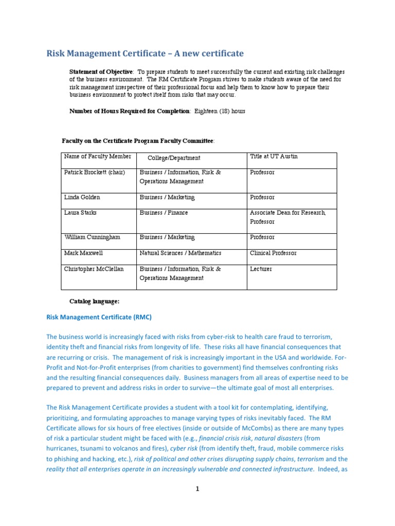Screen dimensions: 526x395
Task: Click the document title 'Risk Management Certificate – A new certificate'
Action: point(145,53)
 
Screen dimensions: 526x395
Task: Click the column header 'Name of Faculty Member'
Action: point(98,157)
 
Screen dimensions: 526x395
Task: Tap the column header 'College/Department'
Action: point(174,158)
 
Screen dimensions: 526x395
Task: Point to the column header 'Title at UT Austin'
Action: point(274,156)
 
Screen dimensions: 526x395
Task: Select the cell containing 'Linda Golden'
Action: point(82,197)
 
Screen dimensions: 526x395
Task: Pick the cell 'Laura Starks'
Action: point(81,213)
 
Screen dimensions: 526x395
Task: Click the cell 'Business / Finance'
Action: point(164,213)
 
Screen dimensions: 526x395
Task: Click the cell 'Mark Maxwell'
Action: point(83,253)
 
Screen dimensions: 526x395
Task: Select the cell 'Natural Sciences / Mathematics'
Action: point(180,253)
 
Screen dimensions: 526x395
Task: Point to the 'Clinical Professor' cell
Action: point(273,253)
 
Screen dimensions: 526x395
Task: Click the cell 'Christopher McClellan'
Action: point(94,269)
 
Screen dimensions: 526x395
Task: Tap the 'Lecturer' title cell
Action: point(261,269)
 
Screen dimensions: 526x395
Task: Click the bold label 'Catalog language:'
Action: point(94,301)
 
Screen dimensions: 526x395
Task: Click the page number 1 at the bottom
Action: point(197,490)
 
